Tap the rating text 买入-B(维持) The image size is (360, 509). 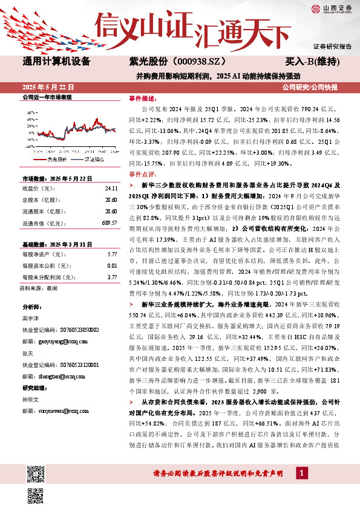(x=316, y=62)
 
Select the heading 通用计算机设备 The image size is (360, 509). (x=56, y=62)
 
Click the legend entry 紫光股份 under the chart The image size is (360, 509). (x=56, y=160)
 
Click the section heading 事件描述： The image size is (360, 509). (x=143, y=98)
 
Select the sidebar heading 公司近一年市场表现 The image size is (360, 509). (x=47, y=97)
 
